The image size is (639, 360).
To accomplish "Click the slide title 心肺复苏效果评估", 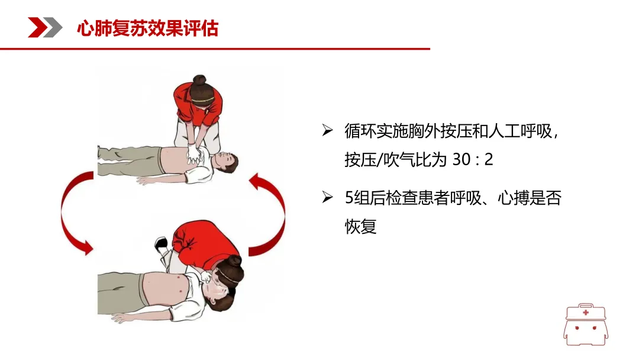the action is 147,28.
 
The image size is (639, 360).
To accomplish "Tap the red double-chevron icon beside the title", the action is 45,28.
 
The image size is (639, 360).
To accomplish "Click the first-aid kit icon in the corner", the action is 586,324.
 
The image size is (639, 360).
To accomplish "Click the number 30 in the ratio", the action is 461,159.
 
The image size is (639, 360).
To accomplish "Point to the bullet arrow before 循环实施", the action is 327,130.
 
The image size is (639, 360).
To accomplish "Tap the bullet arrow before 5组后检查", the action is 327,197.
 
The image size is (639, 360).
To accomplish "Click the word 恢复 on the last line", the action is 361,226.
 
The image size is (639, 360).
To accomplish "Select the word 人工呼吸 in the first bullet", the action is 521,131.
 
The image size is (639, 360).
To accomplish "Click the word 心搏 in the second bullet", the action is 514,198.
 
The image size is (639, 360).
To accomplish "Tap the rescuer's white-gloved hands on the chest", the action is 194,154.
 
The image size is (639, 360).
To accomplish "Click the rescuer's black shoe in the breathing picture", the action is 160,244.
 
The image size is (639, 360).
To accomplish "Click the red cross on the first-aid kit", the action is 586,313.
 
